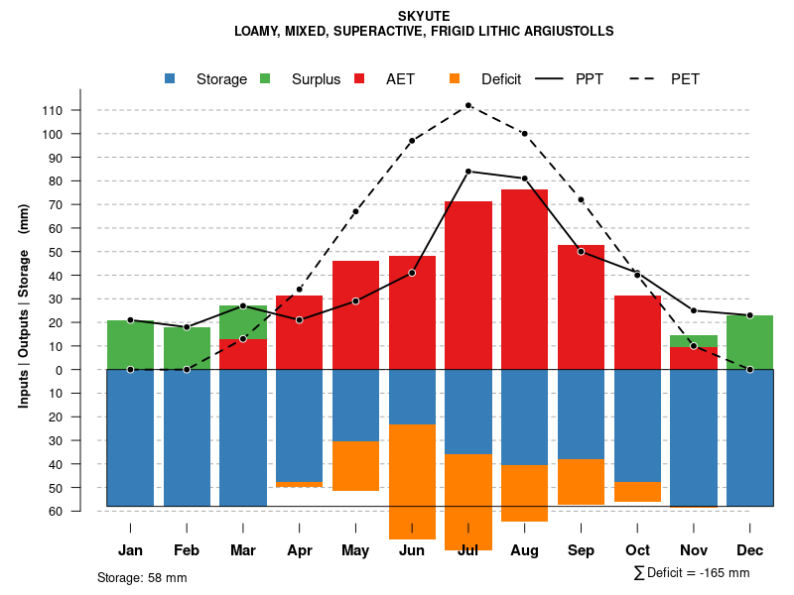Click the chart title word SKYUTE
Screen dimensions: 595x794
pos(424,16)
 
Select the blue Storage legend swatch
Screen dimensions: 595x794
pos(170,78)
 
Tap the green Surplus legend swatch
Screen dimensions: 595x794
pos(265,78)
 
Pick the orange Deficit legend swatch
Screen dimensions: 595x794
pos(455,78)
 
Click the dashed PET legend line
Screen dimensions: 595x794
pos(646,78)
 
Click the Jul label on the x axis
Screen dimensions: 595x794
pos(468,550)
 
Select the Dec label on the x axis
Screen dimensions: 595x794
pos(750,550)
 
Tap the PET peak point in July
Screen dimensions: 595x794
pos(468,105)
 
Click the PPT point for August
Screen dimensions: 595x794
pos(525,178)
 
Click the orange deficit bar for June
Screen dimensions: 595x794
pos(412,482)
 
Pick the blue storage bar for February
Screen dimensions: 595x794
pos(187,437)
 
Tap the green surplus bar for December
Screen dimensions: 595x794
pos(750,342)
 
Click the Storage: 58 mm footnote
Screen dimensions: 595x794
pos(142,577)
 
